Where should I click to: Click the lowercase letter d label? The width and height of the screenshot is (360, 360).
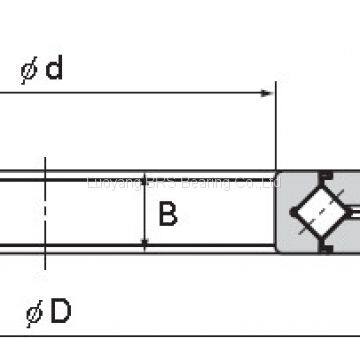54,69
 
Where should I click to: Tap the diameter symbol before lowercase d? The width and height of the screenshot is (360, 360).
28,70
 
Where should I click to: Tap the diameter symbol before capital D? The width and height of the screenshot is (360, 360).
34,314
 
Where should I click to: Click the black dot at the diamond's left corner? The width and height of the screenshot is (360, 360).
295,210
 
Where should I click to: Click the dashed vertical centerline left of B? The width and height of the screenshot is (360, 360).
44,210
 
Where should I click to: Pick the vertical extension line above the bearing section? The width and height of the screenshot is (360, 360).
275,130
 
